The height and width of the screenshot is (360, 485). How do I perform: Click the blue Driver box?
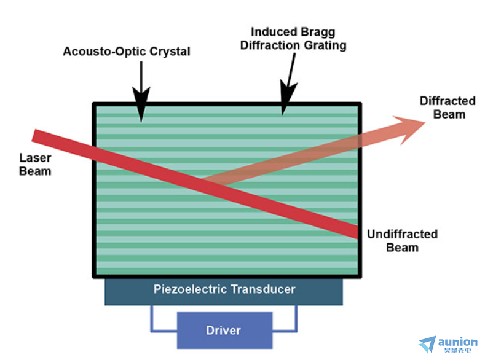[224, 331]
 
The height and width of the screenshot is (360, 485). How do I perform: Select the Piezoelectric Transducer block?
[224, 292]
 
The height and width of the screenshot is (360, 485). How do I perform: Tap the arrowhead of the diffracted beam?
[409, 130]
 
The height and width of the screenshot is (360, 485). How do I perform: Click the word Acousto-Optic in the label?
[104, 52]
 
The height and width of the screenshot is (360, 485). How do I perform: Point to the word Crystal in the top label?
[170, 52]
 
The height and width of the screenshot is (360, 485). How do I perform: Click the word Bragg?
[318, 33]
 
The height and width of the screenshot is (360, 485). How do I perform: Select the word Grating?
[325, 45]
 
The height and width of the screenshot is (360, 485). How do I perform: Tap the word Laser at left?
[35, 158]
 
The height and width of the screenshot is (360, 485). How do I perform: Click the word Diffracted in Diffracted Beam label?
[448, 101]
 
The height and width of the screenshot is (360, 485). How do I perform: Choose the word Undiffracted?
[402, 234]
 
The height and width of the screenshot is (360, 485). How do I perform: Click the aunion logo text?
[458, 342]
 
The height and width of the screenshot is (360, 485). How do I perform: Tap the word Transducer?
[263, 289]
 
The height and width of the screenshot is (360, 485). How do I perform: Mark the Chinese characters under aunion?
[457, 350]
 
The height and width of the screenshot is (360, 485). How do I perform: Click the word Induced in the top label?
[274, 32]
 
